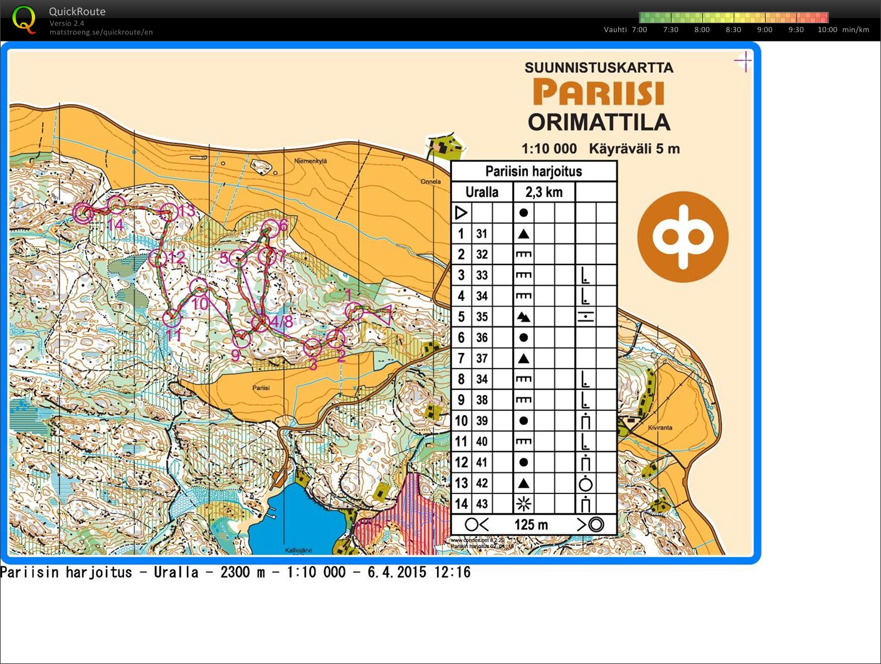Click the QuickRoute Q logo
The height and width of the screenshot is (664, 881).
click(x=24, y=19)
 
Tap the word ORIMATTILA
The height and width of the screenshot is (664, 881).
click(x=599, y=122)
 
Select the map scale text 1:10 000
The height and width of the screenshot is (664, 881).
click(x=549, y=149)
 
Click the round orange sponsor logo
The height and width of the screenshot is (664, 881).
click(x=683, y=237)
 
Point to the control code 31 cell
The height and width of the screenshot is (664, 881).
click(x=482, y=234)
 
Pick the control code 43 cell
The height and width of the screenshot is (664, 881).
click(x=482, y=503)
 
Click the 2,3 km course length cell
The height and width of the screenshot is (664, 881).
click(x=544, y=192)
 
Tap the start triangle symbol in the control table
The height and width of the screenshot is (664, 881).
click(x=461, y=213)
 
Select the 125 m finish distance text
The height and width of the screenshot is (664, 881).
click(x=531, y=525)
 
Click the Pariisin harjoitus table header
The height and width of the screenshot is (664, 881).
click(x=534, y=171)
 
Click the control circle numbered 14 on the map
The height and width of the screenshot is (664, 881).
click(x=116, y=204)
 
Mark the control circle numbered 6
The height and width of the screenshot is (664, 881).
click(x=270, y=228)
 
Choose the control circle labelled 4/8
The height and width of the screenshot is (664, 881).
click(x=260, y=323)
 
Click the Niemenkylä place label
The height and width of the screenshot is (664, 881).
click(x=310, y=161)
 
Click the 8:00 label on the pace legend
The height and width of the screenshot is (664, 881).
click(x=702, y=29)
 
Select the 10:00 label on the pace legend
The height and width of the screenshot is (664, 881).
click(x=827, y=29)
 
